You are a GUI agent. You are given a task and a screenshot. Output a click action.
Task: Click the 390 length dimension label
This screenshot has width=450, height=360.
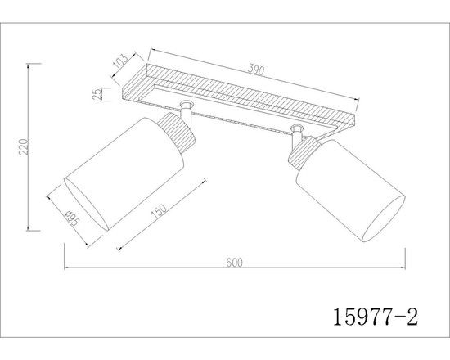point(255,70)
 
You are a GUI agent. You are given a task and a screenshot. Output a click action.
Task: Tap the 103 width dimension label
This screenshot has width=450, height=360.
point(120,61)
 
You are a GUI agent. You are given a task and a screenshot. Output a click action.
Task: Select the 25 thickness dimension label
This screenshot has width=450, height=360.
point(97,93)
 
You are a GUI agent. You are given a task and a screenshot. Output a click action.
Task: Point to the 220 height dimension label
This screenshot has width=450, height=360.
point(24,146)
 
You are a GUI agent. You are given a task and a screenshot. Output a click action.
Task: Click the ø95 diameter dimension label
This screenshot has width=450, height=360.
point(72,218)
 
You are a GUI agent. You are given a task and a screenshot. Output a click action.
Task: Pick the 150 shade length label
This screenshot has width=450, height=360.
point(159,211)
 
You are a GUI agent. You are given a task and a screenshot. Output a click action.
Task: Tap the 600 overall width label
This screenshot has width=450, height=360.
point(234,263)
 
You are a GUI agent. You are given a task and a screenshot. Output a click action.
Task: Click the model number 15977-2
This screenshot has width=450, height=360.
point(376,317)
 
